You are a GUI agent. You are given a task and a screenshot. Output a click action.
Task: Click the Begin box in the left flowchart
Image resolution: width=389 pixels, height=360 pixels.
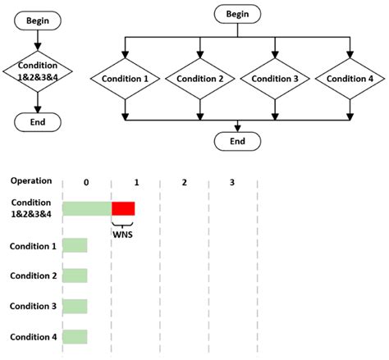38,18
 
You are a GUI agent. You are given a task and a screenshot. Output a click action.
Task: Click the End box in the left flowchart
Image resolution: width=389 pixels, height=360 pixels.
38,121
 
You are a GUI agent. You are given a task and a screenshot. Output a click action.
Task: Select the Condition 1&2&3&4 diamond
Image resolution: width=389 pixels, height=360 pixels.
38,71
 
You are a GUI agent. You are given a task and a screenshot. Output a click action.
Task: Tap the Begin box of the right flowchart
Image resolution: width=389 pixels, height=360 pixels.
238,14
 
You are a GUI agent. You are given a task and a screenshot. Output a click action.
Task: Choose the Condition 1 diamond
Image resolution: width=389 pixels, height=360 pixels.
125,79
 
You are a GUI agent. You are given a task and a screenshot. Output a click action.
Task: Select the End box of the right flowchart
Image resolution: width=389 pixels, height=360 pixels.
238,141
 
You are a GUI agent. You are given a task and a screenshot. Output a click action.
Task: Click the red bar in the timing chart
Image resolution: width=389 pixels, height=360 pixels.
123,208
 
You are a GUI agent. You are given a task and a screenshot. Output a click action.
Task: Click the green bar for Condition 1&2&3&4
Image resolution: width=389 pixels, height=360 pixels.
87,208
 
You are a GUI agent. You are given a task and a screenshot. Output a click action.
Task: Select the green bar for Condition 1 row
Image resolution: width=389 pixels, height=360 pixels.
75,245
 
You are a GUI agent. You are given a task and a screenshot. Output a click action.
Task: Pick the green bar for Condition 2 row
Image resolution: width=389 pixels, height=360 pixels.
75,276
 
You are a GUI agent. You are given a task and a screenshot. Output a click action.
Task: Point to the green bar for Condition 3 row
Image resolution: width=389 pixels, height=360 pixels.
75,306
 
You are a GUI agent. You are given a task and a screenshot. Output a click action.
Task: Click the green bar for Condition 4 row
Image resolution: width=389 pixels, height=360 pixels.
75,336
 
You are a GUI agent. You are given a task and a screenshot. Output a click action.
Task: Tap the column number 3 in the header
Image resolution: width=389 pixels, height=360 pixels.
232,181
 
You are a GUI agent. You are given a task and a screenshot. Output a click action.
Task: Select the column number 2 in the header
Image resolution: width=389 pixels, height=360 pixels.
184,181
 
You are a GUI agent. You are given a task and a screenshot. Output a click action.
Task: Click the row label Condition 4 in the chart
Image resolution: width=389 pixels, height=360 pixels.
34,336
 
